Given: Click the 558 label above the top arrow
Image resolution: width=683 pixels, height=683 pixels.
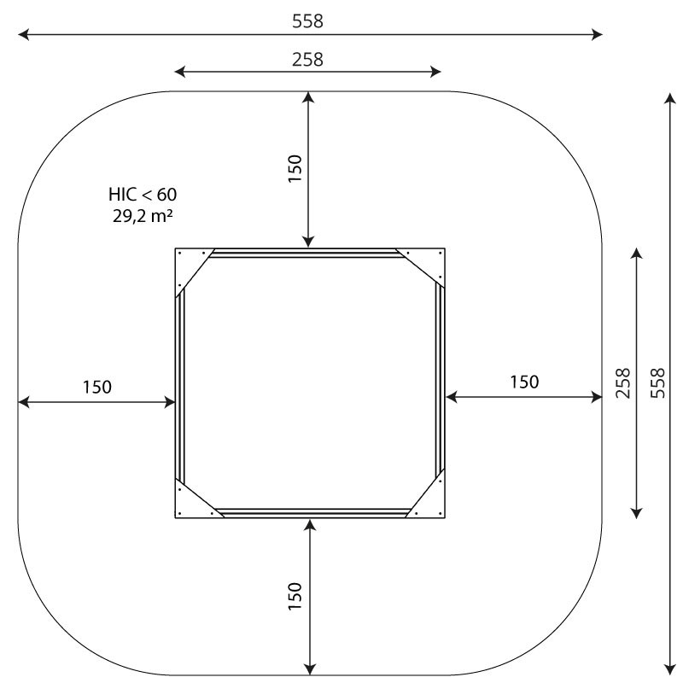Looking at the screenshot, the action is click(307, 20).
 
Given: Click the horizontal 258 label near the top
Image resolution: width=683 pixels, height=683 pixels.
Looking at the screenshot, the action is click(307, 59).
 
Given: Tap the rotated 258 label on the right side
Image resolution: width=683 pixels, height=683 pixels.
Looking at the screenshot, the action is click(623, 382).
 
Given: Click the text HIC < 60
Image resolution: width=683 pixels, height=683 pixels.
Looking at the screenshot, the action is click(143, 195).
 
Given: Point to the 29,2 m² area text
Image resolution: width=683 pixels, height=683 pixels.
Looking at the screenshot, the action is click(143, 216).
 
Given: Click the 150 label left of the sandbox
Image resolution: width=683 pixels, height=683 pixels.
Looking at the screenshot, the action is click(97, 387).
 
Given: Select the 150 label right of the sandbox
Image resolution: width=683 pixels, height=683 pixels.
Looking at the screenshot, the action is click(524, 382).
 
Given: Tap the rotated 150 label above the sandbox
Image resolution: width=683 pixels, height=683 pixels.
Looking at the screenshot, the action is click(295, 168).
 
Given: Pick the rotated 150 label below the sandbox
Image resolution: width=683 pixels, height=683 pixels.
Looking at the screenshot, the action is click(295, 596).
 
